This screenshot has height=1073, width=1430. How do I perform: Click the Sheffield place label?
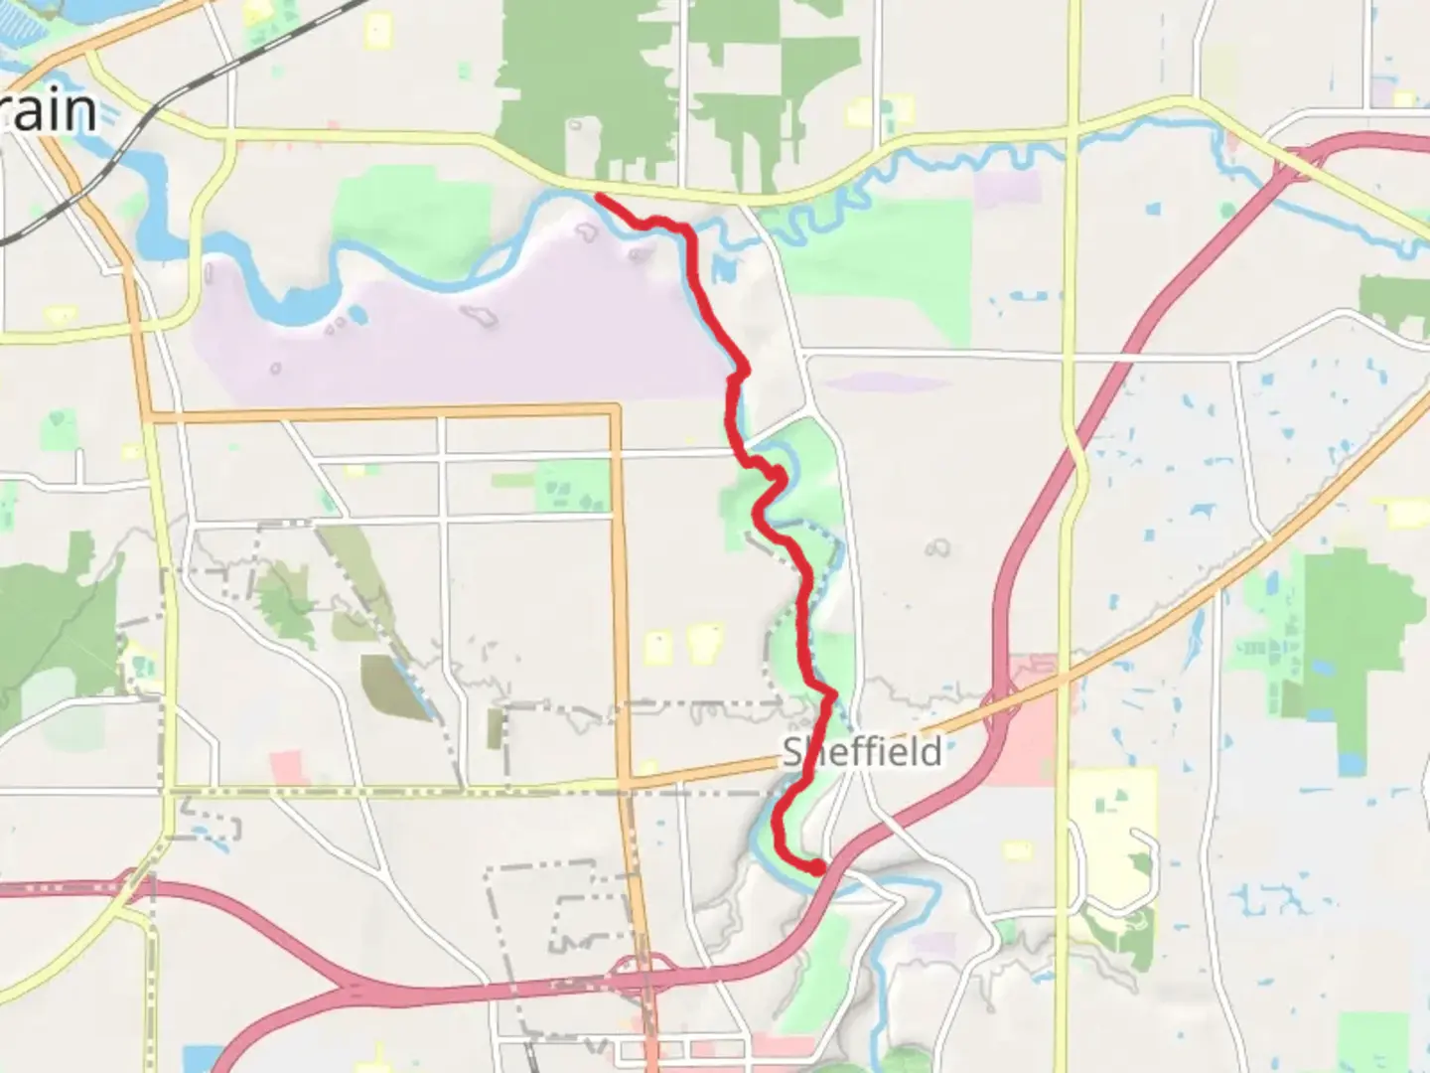coord(862,752)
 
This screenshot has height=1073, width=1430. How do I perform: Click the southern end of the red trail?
coord(817,868)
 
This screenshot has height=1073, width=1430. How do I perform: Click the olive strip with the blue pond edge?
coord(397,686)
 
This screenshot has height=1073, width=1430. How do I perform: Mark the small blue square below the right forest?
coord(1351,764)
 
